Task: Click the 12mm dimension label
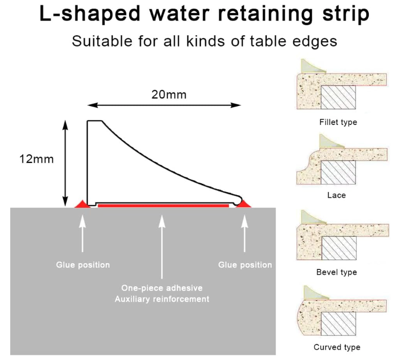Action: (36, 159)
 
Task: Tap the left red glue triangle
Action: (82, 204)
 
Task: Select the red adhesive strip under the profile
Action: (163, 205)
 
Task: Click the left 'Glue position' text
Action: (83, 265)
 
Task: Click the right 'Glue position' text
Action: (245, 265)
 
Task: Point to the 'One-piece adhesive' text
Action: (162, 288)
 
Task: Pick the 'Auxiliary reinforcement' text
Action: (162, 299)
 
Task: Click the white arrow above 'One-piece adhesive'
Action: (162, 246)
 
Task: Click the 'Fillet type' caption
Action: (338, 122)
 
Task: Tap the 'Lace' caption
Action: (336, 195)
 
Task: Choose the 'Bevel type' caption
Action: (337, 272)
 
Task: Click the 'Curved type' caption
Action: (337, 347)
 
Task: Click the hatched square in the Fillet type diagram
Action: (339, 97)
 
